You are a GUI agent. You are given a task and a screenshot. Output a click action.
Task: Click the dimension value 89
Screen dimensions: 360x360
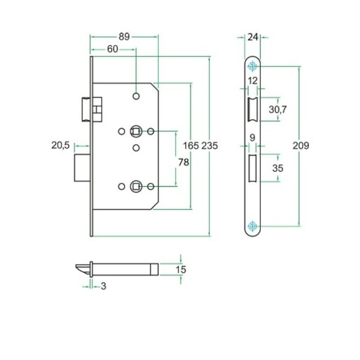[x=123, y=37]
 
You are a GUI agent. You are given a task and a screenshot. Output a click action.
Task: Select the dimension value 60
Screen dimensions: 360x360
[x=113, y=49]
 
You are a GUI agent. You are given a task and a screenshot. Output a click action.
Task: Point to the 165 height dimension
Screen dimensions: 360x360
[x=191, y=146]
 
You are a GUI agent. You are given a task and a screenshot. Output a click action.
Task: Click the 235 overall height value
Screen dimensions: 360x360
[x=209, y=146]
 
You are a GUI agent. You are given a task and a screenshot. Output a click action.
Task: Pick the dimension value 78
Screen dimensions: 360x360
[x=183, y=163]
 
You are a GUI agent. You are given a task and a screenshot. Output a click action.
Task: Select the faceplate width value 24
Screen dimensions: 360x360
[x=252, y=37]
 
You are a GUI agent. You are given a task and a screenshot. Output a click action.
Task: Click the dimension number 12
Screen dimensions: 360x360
[x=252, y=81]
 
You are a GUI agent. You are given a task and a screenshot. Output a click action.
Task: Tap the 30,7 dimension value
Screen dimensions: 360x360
[x=277, y=110]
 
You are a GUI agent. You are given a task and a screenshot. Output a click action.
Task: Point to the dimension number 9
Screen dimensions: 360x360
[x=252, y=138]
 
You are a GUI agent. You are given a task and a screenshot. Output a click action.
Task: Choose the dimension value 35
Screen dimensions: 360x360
[x=278, y=168]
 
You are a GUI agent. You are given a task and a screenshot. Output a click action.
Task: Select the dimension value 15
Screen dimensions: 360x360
[x=180, y=269]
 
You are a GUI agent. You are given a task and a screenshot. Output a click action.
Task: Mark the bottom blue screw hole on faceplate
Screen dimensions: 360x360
[x=252, y=226]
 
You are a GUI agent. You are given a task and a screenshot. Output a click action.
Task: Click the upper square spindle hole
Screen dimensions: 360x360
[x=136, y=132]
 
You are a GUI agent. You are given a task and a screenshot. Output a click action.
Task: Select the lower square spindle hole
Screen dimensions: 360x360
[x=136, y=185]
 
